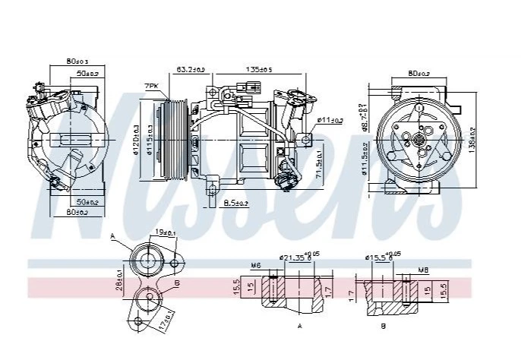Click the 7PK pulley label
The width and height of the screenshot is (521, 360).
[x=152, y=86]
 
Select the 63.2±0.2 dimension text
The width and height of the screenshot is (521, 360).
[x=191, y=69]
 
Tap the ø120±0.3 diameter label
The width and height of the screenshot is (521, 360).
[x=135, y=139]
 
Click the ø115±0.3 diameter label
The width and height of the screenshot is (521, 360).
[x=149, y=139]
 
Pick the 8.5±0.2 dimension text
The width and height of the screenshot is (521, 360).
[x=238, y=202]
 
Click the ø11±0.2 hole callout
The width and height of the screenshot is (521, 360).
[x=330, y=120]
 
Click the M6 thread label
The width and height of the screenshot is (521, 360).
[x=256, y=265]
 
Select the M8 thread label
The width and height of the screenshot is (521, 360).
[x=422, y=269]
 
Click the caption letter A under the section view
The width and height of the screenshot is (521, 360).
[x=299, y=326]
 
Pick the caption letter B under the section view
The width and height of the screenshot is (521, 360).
[x=383, y=326]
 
